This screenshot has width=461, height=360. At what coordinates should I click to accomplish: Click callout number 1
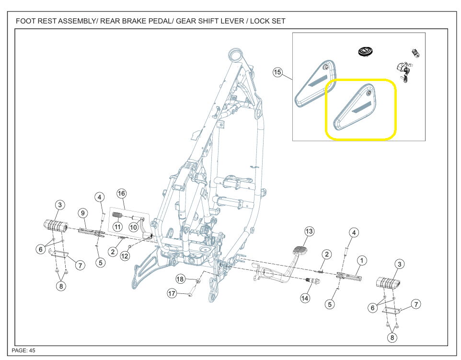pos(362,260)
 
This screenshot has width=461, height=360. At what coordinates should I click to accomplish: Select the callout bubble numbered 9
pos(82,212)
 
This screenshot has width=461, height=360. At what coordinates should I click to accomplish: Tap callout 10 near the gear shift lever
pos(133,226)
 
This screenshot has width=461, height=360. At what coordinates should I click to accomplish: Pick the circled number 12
pos(125,256)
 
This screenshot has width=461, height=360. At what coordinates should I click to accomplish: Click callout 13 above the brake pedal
pos(310,232)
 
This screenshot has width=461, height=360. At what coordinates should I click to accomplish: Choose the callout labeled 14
pos(305,298)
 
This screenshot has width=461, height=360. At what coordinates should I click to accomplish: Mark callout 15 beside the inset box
pos(277,72)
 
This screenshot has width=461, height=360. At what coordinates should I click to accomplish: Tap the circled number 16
pos(121,194)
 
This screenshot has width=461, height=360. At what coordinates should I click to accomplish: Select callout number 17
pos(172,293)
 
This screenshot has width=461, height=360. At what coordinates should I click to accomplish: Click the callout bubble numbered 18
pos(180,279)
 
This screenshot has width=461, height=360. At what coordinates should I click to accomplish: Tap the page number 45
pos(32,350)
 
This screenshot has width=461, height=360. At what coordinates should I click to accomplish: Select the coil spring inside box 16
pos(117,215)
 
